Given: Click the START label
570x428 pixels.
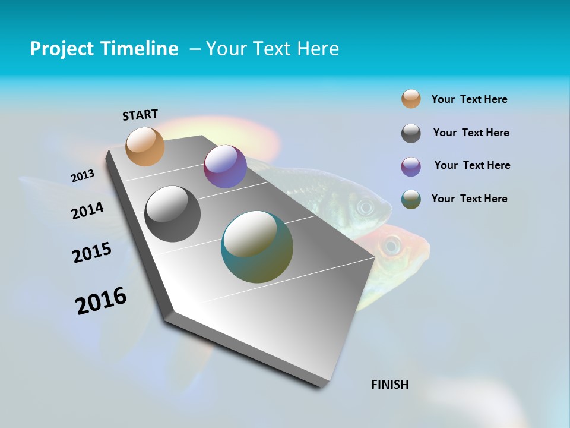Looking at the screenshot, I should [x=140, y=115].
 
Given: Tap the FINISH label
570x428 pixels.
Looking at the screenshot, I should [x=390, y=385].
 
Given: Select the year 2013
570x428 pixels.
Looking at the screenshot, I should [x=83, y=176].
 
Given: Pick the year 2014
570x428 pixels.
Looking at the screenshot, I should [x=87, y=211].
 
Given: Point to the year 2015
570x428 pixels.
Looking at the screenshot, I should [x=92, y=253].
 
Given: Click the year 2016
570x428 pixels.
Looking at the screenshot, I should [x=101, y=300].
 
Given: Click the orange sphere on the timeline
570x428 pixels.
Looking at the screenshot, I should [x=145, y=146].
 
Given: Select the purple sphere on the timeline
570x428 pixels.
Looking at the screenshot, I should [x=225, y=166].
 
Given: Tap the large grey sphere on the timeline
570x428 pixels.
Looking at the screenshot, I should [x=173, y=214].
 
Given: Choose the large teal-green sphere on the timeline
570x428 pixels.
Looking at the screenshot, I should [x=257, y=247].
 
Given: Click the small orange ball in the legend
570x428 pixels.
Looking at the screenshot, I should [x=411, y=99].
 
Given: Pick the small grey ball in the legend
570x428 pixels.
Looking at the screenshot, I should [x=411, y=133].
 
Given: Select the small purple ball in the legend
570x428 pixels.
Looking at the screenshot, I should [x=411, y=166].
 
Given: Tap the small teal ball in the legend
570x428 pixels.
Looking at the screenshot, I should [x=411, y=199].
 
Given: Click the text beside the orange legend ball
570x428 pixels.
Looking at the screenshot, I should [x=469, y=99].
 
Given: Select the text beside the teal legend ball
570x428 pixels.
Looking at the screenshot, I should [x=469, y=199].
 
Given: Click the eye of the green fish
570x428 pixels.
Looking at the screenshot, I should [x=365, y=207].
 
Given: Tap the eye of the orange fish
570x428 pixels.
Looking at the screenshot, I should [x=392, y=244].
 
